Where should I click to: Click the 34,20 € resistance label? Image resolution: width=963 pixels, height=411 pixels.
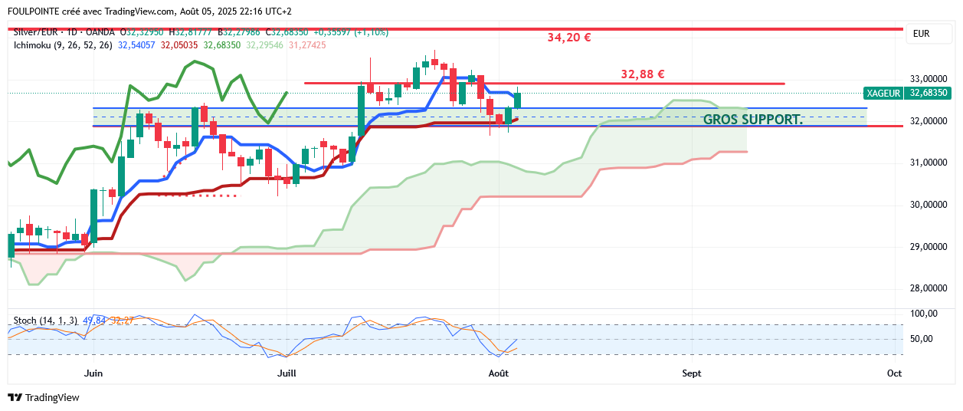[568, 38]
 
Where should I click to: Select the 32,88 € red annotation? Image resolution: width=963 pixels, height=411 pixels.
[642, 74]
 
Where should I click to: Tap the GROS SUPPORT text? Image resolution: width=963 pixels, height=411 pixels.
[752, 120]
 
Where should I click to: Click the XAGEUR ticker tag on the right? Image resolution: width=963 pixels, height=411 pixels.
[883, 93]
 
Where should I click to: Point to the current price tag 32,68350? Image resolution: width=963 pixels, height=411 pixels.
[929, 93]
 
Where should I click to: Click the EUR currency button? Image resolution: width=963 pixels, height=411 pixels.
[922, 34]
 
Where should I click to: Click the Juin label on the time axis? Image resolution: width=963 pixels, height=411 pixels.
[93, 373]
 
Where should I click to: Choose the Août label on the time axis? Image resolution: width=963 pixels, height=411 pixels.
[499, 373]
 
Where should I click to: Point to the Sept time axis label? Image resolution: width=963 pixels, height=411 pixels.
[691, 373]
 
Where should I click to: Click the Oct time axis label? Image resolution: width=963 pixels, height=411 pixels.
[894, 373]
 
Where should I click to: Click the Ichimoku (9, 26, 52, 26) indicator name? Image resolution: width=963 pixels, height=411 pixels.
[63, 45]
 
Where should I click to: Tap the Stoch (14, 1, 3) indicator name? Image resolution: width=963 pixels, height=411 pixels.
[45, 320]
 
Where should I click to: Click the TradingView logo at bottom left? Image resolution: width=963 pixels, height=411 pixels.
[44, 397]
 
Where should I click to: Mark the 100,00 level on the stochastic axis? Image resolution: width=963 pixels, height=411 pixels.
[923, 314]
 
